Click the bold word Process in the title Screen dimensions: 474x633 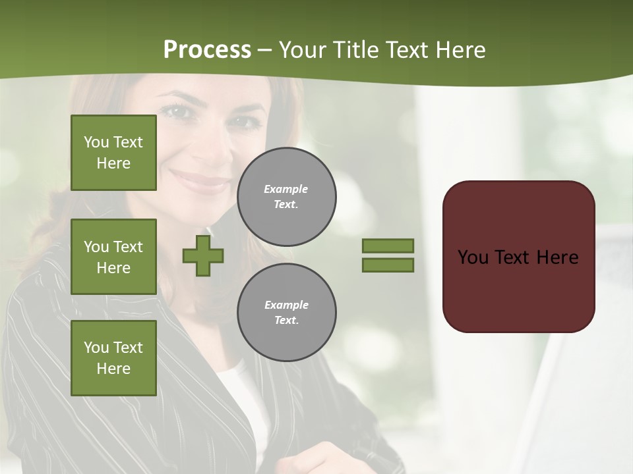207,50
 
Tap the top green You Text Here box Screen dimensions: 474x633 113,153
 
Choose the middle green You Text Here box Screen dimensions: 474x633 113,257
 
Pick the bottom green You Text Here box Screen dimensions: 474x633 113,358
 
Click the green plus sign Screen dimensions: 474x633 203,255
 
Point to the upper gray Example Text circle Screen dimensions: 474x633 287,196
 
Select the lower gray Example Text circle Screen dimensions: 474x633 287,312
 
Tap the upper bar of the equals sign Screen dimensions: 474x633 388,246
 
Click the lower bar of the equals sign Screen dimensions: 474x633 388,265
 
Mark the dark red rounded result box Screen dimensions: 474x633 518,257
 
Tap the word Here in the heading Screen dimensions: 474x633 460,50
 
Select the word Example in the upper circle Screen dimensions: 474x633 286,189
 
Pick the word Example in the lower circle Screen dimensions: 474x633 286,305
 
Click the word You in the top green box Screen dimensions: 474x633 96,142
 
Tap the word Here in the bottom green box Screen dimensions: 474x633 113,369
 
